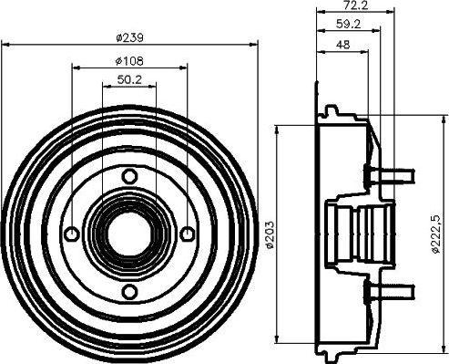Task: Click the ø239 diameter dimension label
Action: [x=129, y=38]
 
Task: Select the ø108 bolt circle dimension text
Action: [x=129, y=61]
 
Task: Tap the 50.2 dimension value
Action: [x=129, y=79]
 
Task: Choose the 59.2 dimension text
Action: [x=349, y=24]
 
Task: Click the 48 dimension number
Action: [x=343, y=45]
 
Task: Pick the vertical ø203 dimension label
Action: [x=270, y=234]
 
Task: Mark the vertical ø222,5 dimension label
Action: [x=435, y=234]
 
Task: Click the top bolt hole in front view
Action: [x=129, y=176]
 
